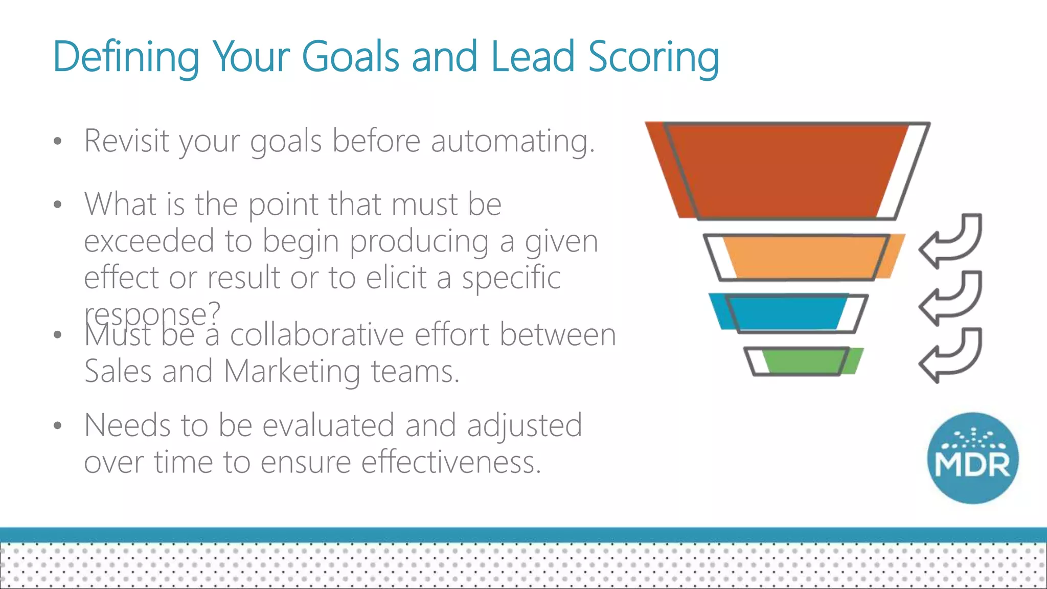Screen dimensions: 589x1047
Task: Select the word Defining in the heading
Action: click(126, 57)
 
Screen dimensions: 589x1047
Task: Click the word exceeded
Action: click(149, 241)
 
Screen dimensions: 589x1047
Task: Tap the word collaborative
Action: click(317, 335)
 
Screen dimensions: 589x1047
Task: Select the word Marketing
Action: click(292, 371)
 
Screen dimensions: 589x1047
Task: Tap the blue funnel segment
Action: click(782, 311)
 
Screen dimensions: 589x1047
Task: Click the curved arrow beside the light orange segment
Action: click(952, 240)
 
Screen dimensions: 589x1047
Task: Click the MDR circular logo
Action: click(972, 458)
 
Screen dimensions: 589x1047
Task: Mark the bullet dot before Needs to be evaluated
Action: click(58, 425)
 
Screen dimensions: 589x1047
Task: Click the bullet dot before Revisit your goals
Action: click(58, 141)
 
